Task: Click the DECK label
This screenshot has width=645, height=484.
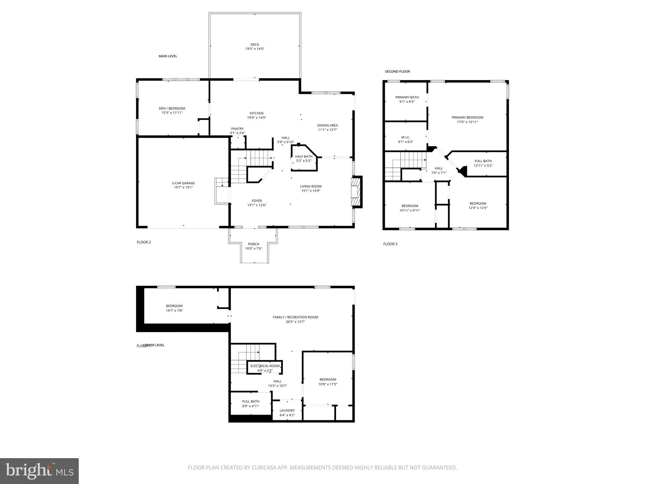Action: click(255, 45)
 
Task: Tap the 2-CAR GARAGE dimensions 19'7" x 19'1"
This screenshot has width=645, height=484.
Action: click(183, 187)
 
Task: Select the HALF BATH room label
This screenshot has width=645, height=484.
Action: click(304, 156)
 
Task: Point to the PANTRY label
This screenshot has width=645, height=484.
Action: click(237, 129)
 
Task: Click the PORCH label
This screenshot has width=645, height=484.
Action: click(254, 244)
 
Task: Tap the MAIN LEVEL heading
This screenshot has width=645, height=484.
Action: click(168, 56)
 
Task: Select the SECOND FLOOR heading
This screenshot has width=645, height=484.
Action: click(397, 72)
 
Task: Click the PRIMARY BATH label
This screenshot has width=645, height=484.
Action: click(407, 97)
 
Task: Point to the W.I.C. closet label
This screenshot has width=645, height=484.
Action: click(406, 137)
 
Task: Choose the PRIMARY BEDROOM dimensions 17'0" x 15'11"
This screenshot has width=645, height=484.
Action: click(467, 122)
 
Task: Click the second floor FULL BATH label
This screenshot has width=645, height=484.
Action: click(483, 161)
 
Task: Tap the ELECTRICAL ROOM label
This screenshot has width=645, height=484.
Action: click(265, 366)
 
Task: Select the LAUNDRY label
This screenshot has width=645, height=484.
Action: click(287, 411)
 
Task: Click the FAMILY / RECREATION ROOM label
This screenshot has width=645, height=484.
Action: click(295, 317)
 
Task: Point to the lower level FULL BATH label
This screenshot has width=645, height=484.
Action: click(251, 401)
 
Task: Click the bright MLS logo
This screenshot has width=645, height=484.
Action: click(39, 471)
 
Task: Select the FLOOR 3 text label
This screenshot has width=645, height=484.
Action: click(390, 244)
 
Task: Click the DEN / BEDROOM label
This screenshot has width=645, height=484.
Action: click(172, 108)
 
